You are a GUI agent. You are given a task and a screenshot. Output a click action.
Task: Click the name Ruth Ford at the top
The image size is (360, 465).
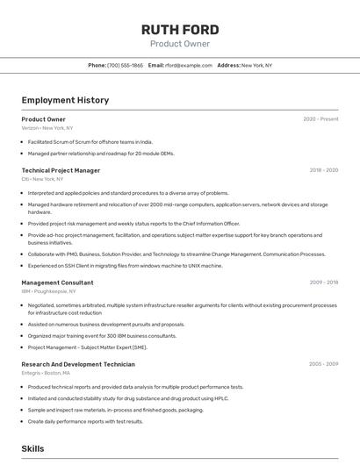[x=179, y=30]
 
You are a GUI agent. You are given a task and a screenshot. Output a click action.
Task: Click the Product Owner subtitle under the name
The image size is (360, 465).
[x=179, y=43]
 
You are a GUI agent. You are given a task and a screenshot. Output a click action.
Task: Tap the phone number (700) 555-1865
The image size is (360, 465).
[x=125, y=65]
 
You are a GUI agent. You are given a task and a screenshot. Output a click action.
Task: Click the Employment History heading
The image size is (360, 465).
[x=65, y=100]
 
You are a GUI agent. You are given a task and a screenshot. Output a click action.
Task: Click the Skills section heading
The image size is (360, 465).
[x=32, y=448]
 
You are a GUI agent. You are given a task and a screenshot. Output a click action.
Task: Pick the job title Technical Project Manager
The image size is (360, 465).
[x=61, y=170]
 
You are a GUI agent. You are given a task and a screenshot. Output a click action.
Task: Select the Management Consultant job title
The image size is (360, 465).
[x=57, y=283]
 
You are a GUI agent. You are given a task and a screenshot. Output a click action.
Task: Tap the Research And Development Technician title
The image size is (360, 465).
[x=78, y=364]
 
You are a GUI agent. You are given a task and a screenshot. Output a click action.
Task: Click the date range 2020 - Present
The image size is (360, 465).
[x=320, y=119]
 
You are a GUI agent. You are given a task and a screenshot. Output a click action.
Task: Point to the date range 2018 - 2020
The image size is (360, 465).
[x=323, y=170]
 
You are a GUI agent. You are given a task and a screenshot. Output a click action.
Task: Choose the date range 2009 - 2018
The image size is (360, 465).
[x=323, y=283]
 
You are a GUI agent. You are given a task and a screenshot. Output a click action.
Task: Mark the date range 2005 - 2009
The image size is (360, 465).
[x=323, y=364]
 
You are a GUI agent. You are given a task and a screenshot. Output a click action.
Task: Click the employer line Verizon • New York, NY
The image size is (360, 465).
[x=47, y=128]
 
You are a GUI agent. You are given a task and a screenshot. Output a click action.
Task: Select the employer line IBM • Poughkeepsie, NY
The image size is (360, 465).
[x=54, y=291]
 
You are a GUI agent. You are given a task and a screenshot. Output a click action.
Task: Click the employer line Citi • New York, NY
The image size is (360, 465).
[x=43, y=179]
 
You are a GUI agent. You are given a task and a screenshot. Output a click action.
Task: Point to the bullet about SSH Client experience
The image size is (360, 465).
[x=125, y=265]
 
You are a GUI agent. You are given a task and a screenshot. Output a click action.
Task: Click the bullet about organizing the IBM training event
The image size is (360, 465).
[x=102, y=335]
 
